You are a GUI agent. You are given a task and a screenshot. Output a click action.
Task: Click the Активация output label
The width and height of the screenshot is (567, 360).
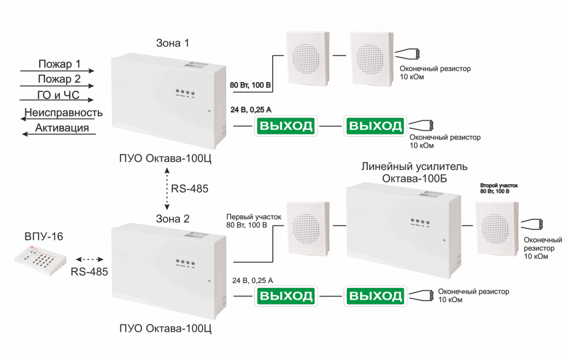[62, 128]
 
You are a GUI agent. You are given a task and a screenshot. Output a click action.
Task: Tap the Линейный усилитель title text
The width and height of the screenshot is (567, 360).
[414, 166]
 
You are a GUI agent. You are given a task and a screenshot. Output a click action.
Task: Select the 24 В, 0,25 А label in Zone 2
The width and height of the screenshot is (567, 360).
[253, 281]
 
